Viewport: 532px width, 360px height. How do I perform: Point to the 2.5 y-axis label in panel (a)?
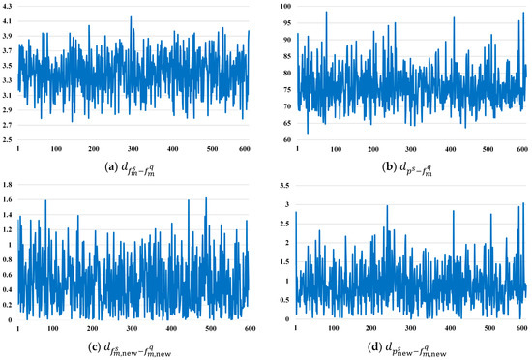pyautogui.click(x=8, y=140)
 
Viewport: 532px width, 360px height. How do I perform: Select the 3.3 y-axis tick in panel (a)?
pyautogui.click(x=8, y=75)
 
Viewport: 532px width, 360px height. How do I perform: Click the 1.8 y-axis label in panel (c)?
pyautogui.click(x=8, y=185)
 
